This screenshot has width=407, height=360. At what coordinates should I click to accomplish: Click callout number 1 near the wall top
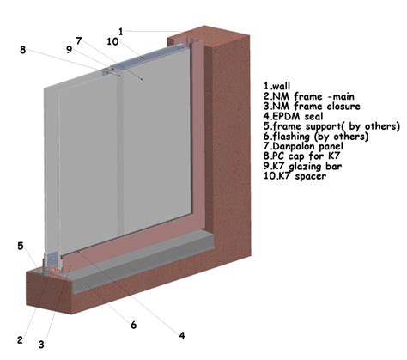pos(121,31)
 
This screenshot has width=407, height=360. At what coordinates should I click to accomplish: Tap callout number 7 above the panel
pos(79,40)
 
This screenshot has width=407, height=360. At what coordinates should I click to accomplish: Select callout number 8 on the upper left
pos(22,50)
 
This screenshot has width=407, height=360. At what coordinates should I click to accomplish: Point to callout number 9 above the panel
pos(69,50)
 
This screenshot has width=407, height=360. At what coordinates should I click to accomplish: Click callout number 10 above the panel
pos(112,41)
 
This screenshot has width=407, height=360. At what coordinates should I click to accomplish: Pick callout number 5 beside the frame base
pos(21,246)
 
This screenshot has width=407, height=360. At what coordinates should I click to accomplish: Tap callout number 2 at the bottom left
pos(20,340)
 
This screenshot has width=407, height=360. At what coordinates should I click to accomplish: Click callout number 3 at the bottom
pos(41,345)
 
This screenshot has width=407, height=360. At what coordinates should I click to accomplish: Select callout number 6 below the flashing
pos(133,325)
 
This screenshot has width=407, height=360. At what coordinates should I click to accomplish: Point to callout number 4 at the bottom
pos(182,335)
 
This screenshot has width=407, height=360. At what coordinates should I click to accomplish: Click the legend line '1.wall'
pos(276,86)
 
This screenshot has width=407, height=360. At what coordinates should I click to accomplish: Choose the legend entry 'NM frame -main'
pos(313,96)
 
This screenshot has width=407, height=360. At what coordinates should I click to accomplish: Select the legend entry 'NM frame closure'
pos(316,106)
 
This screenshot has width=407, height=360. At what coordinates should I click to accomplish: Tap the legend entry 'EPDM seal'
pos(297,116)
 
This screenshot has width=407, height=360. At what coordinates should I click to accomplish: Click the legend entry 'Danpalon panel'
pos(307,146)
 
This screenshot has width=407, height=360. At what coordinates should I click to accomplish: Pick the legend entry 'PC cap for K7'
pos(306,156)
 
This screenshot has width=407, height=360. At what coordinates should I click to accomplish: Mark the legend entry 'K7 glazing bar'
pos(307,166)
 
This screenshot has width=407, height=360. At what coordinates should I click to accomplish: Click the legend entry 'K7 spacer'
pos(301,176)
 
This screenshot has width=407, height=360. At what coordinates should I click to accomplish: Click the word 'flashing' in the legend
pos(291,137)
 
